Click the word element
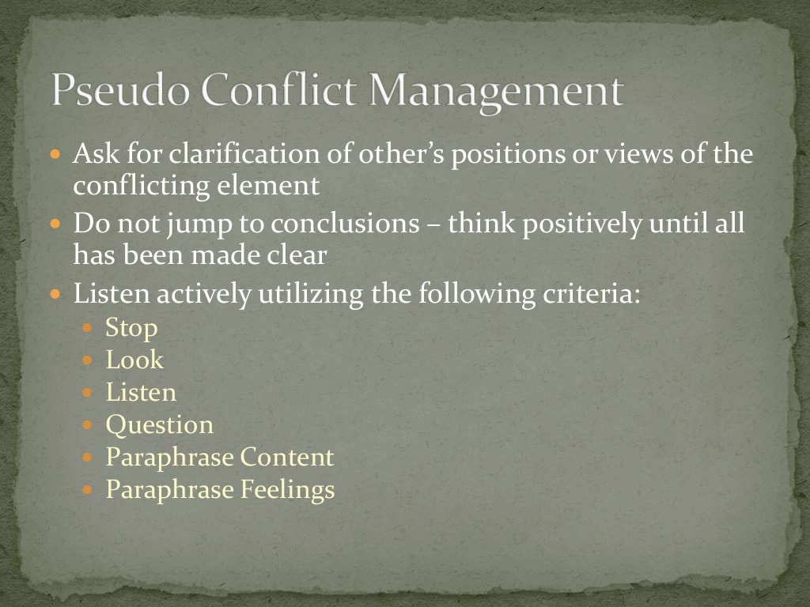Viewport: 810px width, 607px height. coord(279,187)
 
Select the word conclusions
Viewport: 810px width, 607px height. coord(346,224)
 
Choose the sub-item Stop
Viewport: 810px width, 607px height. coord(132,328)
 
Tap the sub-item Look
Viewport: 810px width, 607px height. coord(134,360)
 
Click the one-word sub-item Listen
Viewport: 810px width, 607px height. coord(141,393)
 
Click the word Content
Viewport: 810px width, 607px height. coord(287,458)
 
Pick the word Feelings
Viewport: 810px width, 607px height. coord(287,490)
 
